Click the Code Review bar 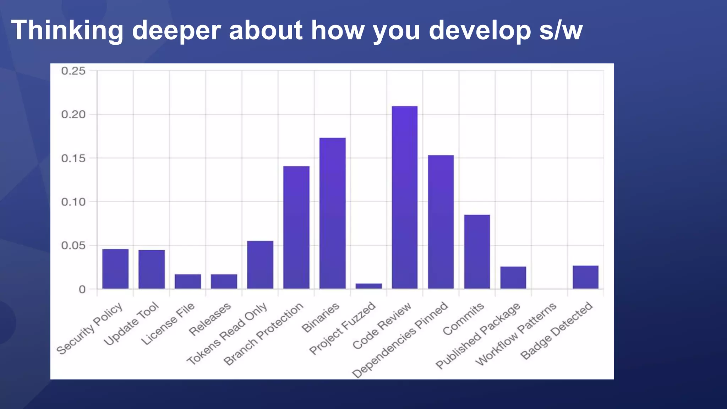click(x=405, y=197)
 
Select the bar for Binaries click(x=332, y=213)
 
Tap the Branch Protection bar click(x=296, y=227)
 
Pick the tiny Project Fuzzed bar click(x=368, y=286)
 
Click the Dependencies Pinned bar click(x=441, y=222)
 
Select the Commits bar click(x=477, y=251)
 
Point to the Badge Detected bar click(x=585, y=277)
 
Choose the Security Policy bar click(x=115, y=269)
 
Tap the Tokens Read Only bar click(x=260, y=265)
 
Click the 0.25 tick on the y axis click(x=73, y=71)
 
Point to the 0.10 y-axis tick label click(x=73, y=202)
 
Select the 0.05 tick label click(x=73, y=246)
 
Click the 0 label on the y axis click(x=82, y=289)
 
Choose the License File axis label click(x=168, y=323)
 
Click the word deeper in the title click(x=176, y=31)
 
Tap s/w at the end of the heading click(x=561, y=31)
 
